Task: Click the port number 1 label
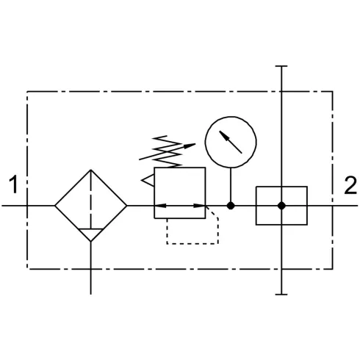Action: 14,184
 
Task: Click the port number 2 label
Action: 350,185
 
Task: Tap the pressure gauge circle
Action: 205,142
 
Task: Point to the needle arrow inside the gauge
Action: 231,142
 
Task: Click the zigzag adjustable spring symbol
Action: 167,151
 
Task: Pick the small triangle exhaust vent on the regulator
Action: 148,180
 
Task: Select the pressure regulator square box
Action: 154,192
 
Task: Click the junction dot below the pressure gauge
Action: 231,206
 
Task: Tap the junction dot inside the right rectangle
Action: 281,206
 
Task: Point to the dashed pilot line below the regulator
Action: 192,244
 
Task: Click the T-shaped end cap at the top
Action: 281,66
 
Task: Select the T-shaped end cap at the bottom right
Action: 281,295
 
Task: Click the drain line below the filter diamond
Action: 91,268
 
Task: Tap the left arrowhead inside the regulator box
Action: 160,206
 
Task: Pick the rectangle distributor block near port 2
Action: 256,206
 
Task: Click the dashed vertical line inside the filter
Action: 91,199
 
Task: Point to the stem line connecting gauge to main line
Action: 231,185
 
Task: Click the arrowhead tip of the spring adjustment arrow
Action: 195,144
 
